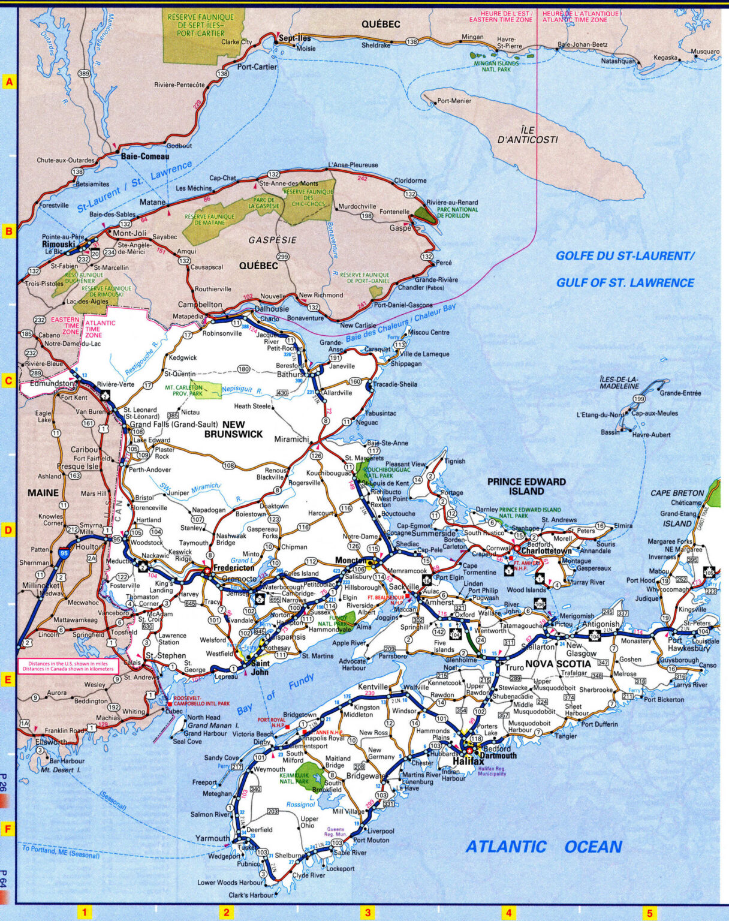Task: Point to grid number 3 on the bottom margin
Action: click(367, 913)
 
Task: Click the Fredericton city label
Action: click(232, 567)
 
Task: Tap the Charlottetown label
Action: click(546, 550)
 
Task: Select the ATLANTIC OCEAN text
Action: click(544, 847)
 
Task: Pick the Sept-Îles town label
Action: click(294, 38)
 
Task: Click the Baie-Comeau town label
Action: click(145, 156)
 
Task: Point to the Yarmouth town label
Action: click(212, 838)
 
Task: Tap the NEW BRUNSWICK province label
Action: click(233, 429)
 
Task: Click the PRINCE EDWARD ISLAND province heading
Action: click(526, 486)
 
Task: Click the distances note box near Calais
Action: click(68, 666)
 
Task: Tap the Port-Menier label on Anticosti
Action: click(454, 101)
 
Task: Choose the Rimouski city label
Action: click(58, 245)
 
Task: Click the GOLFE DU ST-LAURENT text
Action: click(625, 256)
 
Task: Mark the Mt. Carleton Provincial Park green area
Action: click(206, 389)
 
